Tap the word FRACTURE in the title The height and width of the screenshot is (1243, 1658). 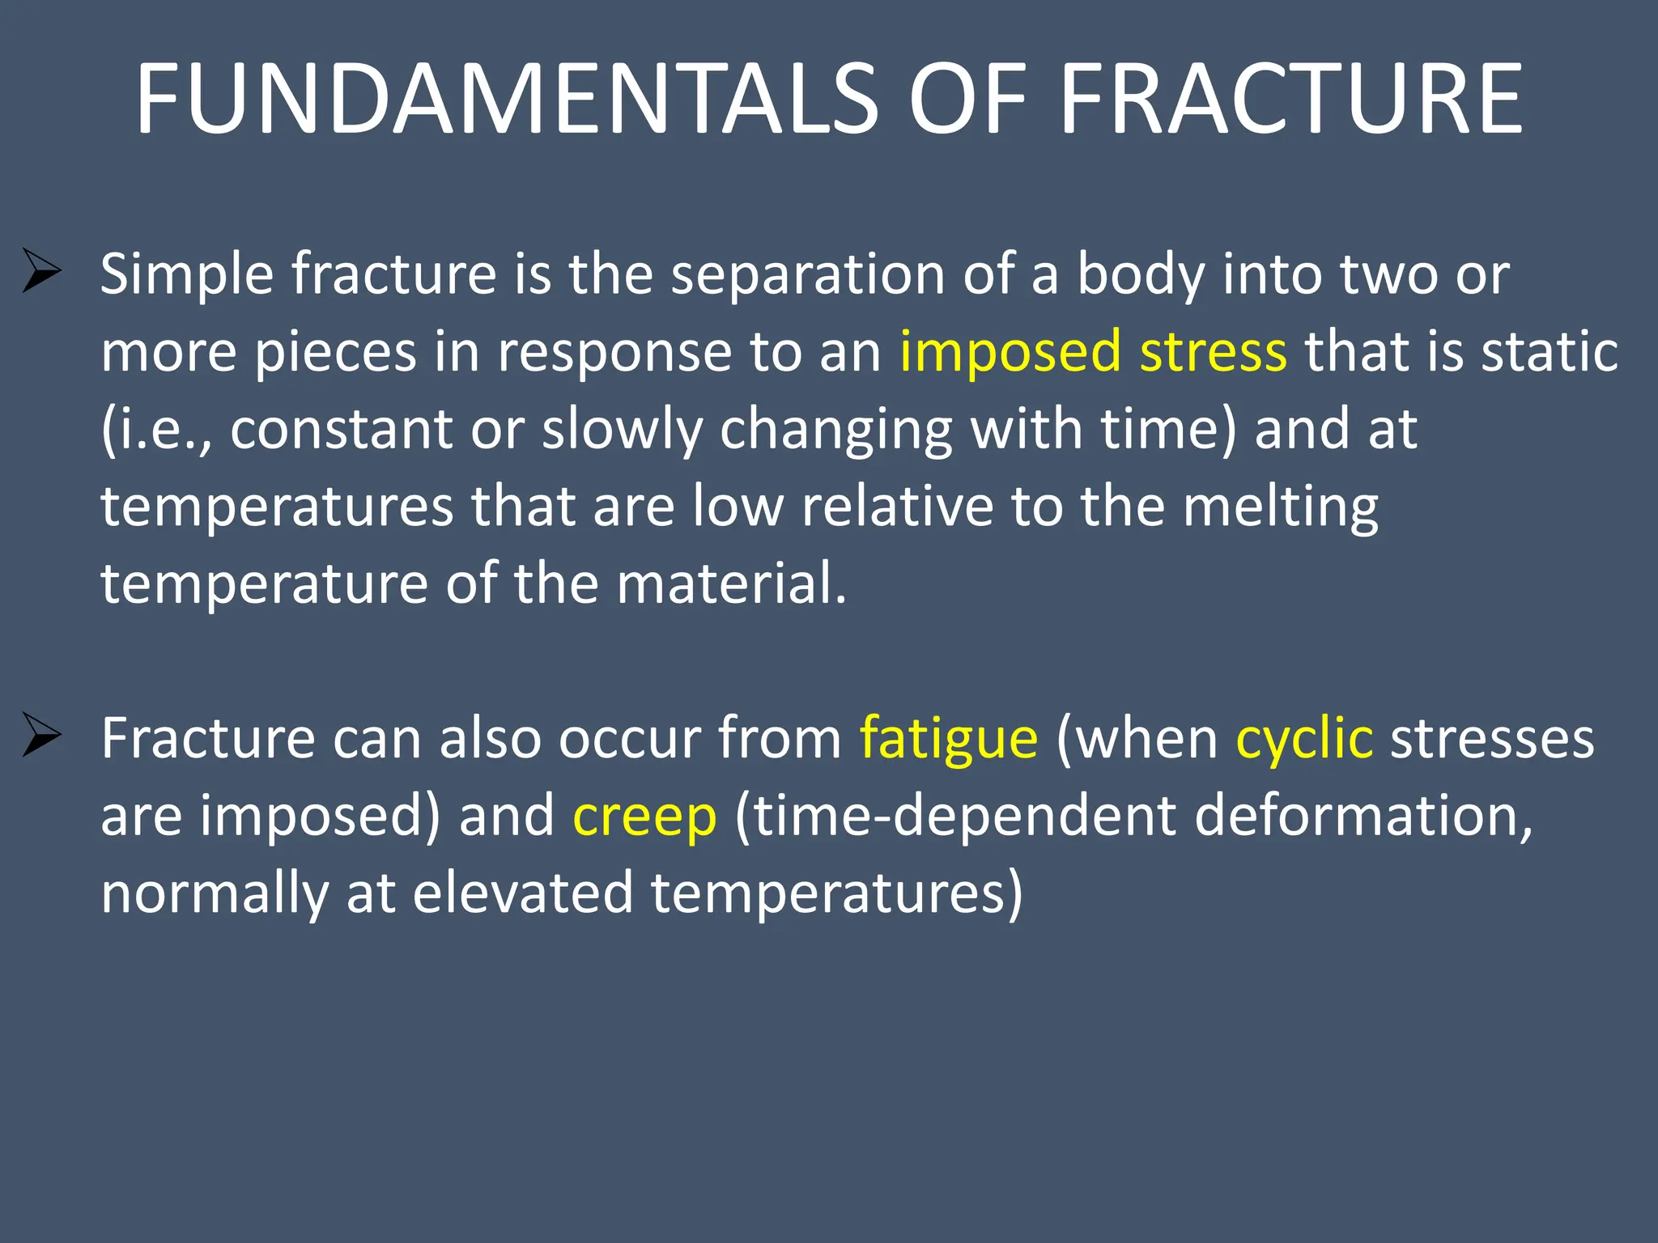coord(1291,100)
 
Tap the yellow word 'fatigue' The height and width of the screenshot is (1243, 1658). coord(948,739)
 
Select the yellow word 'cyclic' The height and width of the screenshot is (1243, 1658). coord(1303,739)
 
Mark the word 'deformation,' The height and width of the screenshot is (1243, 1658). coord(1363,816)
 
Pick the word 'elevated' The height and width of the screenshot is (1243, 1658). coord(523,893)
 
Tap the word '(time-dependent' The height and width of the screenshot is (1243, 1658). coord(955,816)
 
